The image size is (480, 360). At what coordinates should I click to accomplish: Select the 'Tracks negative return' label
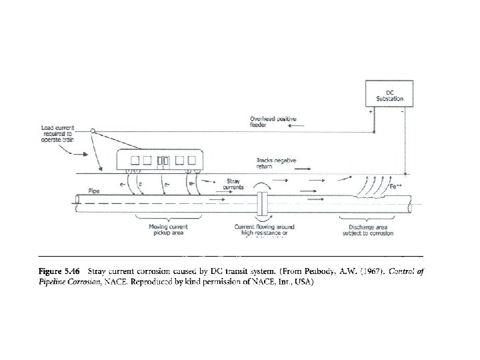point(275,163)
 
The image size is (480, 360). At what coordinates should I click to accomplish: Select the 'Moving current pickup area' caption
point(167,231)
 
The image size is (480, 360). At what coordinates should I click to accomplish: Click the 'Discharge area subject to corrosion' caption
point(363,231)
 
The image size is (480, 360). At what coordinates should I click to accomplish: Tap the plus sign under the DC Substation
point(370,111)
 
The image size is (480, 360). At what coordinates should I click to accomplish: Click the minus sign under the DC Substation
point(402,111)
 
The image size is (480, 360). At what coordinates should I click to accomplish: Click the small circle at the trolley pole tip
point(93,131)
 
